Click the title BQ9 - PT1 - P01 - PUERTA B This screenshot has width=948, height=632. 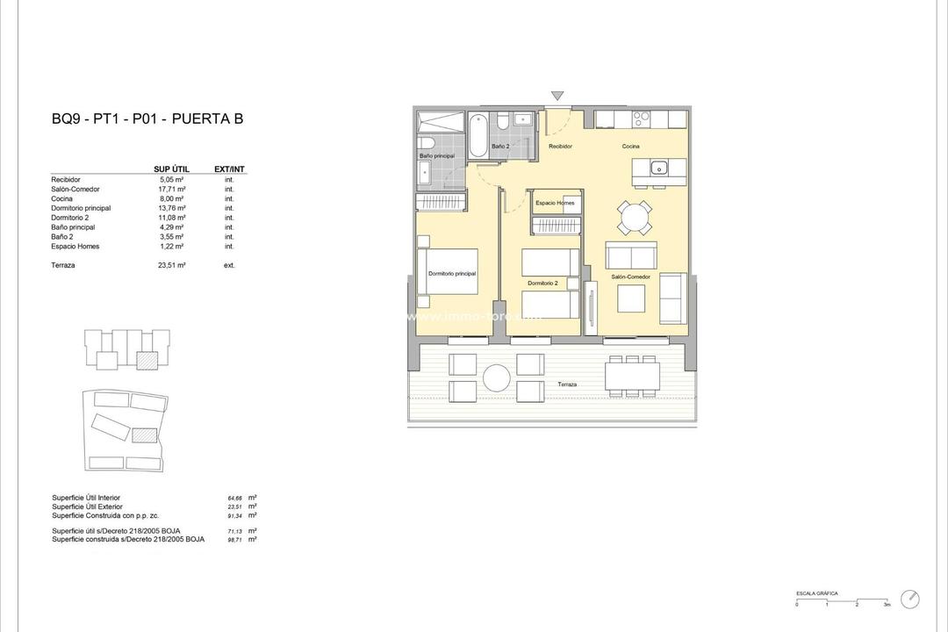pos(147,119)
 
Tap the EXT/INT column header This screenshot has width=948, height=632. pos(229,169)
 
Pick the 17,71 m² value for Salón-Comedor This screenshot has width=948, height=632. pos(172,189)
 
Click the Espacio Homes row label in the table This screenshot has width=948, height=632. pos(75,247)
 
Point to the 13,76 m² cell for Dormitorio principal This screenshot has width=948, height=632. pos(172,208)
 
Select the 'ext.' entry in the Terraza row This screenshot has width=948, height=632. pos(229,264)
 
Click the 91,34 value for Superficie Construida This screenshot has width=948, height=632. pos(235,515)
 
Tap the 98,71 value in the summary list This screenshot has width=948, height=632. pos(235,540)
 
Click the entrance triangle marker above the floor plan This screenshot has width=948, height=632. pos(557,96)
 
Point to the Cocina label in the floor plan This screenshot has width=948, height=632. pos(631,147)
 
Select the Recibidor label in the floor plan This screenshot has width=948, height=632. pos(560,147)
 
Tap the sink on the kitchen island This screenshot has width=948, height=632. pos(658,167)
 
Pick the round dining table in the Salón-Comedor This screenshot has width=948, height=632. pos(634,217)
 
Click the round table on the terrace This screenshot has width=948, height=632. pos(496,377)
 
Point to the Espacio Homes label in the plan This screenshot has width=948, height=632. pos(555,203)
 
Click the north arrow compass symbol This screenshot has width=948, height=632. pos(910,600)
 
